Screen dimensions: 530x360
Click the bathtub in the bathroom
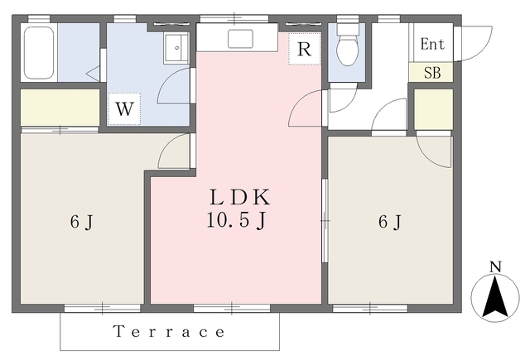pos(39,52)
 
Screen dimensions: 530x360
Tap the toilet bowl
pos(347,50)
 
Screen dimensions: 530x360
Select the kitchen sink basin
pos(240,39)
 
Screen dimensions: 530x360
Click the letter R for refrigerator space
pos(304,50)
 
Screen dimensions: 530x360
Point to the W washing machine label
pos(124,109)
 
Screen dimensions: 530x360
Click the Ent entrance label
pos(432,44)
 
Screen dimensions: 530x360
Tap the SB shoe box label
pos(432,73)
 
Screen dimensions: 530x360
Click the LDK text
pos(240,198)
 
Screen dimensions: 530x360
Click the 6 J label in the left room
pos(81,222)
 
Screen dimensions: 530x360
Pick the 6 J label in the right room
pos(390,222)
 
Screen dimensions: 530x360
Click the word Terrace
pos(169,332)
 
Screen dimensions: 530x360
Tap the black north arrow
pos(495,297)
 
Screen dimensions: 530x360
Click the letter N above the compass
pos(495,266)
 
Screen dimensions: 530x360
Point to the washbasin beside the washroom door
pos(176,48)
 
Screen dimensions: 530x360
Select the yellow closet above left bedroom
pos(60,108)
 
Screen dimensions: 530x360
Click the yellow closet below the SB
pos(434,109)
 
